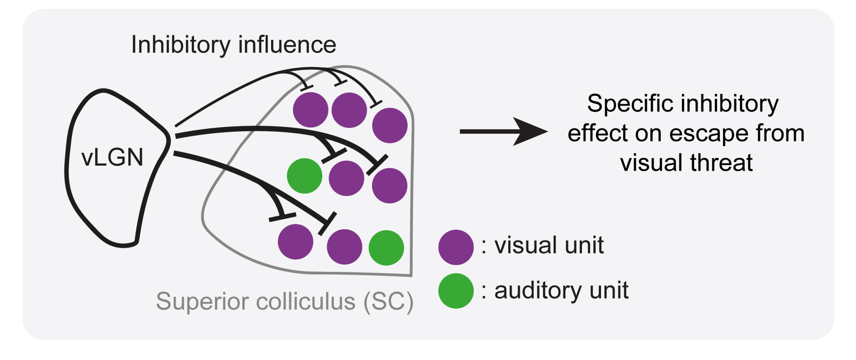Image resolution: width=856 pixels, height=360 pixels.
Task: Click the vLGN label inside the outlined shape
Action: click(x=112, y=158)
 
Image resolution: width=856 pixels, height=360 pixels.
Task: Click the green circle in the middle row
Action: click(x=304, y=176)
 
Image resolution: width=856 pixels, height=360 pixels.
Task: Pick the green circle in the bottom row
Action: click(x=386, y=248)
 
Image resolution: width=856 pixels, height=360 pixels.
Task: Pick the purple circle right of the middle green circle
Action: click(x=346, y=178)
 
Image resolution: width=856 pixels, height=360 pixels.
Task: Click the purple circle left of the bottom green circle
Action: click(x=344, y=247)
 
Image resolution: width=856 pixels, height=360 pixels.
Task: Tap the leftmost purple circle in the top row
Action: click(x=310, y=110)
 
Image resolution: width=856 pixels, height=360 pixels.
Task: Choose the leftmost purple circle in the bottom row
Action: click(x=295, y=242)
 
